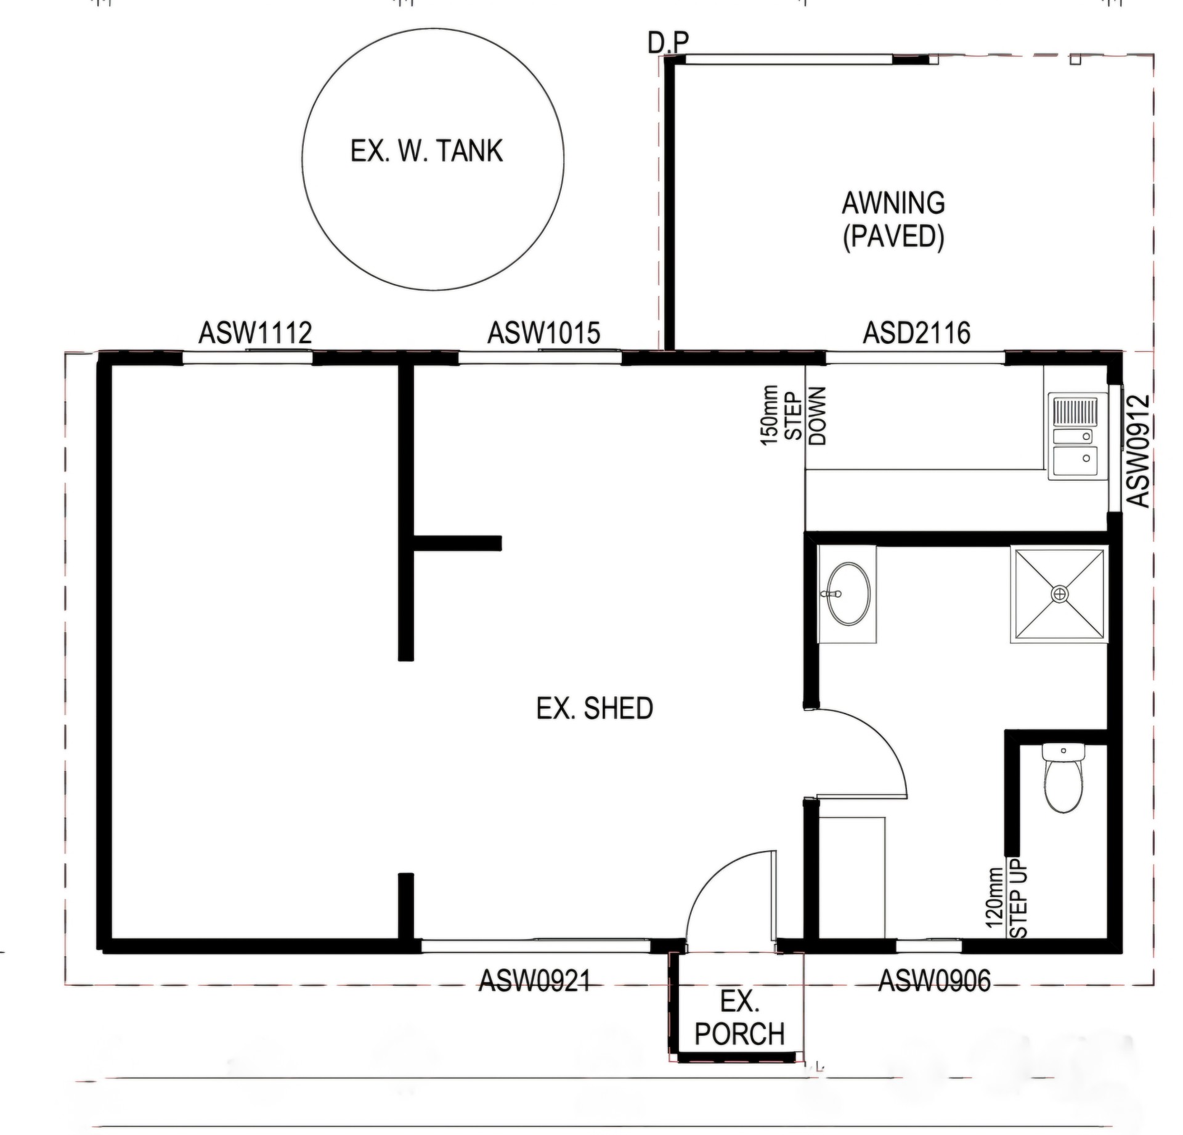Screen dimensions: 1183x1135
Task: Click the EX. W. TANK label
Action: [426, 151]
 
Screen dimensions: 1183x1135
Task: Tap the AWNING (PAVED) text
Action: [893, 220]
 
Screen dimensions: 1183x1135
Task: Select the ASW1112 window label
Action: [255, 333]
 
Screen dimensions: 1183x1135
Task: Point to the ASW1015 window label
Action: [544, 333]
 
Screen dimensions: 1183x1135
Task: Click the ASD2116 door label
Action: [917, 333]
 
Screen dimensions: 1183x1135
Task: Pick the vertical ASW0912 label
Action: [1139, 450]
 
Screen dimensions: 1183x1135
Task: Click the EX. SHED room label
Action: [595, 709]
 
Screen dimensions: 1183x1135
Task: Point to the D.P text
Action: [669, 43]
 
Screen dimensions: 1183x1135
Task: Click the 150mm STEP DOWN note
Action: [793, 415]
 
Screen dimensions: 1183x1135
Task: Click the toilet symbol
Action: [1063, 778]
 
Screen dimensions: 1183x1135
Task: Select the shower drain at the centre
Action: [1059, 594]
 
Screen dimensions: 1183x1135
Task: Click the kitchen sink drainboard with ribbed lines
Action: [1075, 412]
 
